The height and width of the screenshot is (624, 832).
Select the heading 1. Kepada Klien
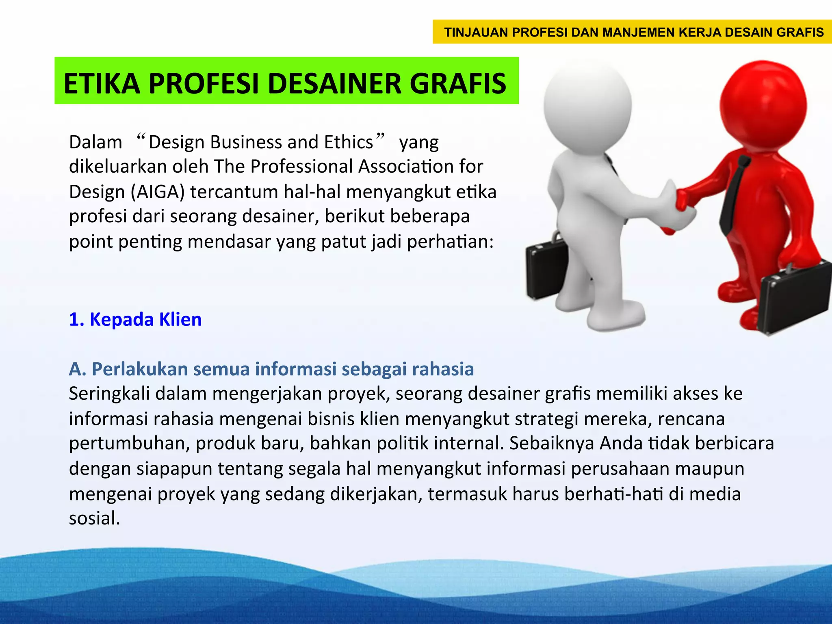tap(135, 319)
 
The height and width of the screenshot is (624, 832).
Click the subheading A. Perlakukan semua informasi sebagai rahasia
tap(271, 369)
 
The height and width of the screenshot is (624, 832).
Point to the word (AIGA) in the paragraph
tap(158, 192)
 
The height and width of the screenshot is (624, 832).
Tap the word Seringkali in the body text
tap(109, 394)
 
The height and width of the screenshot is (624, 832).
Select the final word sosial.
tap(94, 518)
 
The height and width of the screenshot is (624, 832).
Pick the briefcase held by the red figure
tap(792, 299)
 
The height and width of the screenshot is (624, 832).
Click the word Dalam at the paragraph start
tap(95, 142)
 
